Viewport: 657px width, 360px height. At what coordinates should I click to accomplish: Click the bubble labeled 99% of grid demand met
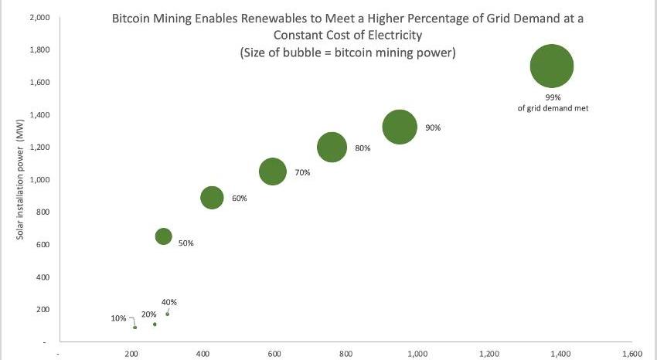(x=552, y=66)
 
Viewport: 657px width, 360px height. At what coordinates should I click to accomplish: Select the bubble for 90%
(x=400, y=127)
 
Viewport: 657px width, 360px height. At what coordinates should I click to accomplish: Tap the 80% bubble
(x=332, y=147)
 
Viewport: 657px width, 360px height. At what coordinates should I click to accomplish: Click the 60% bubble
(x=212, y=198)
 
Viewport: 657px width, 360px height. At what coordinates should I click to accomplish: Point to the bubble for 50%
(x=163, y=236)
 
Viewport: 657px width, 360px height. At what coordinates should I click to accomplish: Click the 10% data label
(x=118, y=318)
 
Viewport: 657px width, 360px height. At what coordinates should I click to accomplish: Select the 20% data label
(x=149, y=314)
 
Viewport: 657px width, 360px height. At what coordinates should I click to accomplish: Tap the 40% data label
(x=169, y=302)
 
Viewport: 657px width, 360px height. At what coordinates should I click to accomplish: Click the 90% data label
(x=433, y=127)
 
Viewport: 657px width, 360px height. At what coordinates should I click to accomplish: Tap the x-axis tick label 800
(x=346, y=353)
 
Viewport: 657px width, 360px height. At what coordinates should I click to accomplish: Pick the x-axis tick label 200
(x=131, y=353)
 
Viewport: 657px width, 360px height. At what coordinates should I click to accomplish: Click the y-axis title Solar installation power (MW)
(x=22, y=175)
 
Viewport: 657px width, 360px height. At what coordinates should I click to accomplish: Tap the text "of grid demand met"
(x=553, y=109)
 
